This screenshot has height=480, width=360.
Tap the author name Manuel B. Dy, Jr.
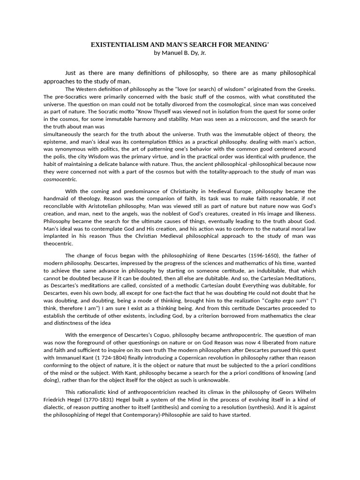pyautogui.click(x=180, y=52)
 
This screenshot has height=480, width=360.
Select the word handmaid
pyautogui.click(x=59, y=199)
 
